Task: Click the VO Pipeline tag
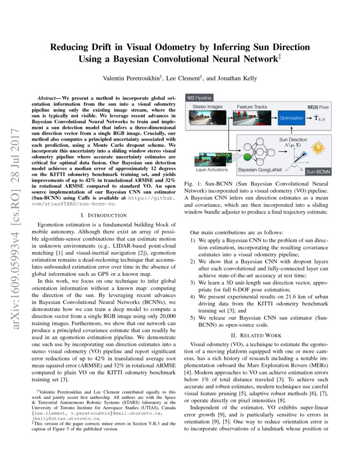pos(199,98)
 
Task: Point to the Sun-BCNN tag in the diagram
pos(317,172)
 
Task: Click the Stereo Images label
pos(208,107)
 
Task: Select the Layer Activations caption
pos(212,170)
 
